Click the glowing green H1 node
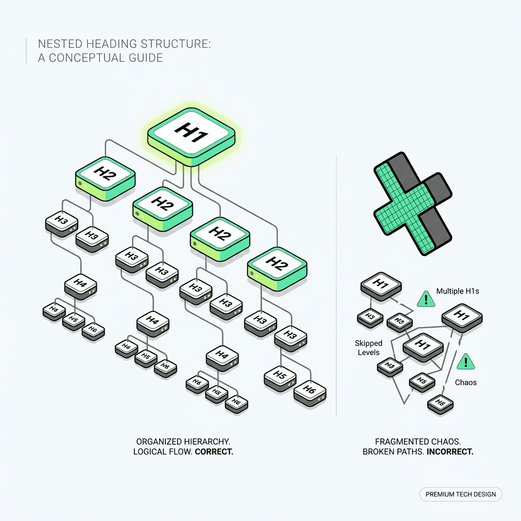[192, 134]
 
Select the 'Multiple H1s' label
[457, 292]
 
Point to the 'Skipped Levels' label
[369, 348]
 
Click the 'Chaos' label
[466, 382]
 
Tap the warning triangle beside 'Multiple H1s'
[426, 299]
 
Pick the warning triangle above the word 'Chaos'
[465, 362]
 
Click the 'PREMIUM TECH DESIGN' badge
[460, 494]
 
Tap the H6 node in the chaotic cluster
[440, 403]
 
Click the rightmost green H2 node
[277, 265]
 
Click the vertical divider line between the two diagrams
[337, 285]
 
